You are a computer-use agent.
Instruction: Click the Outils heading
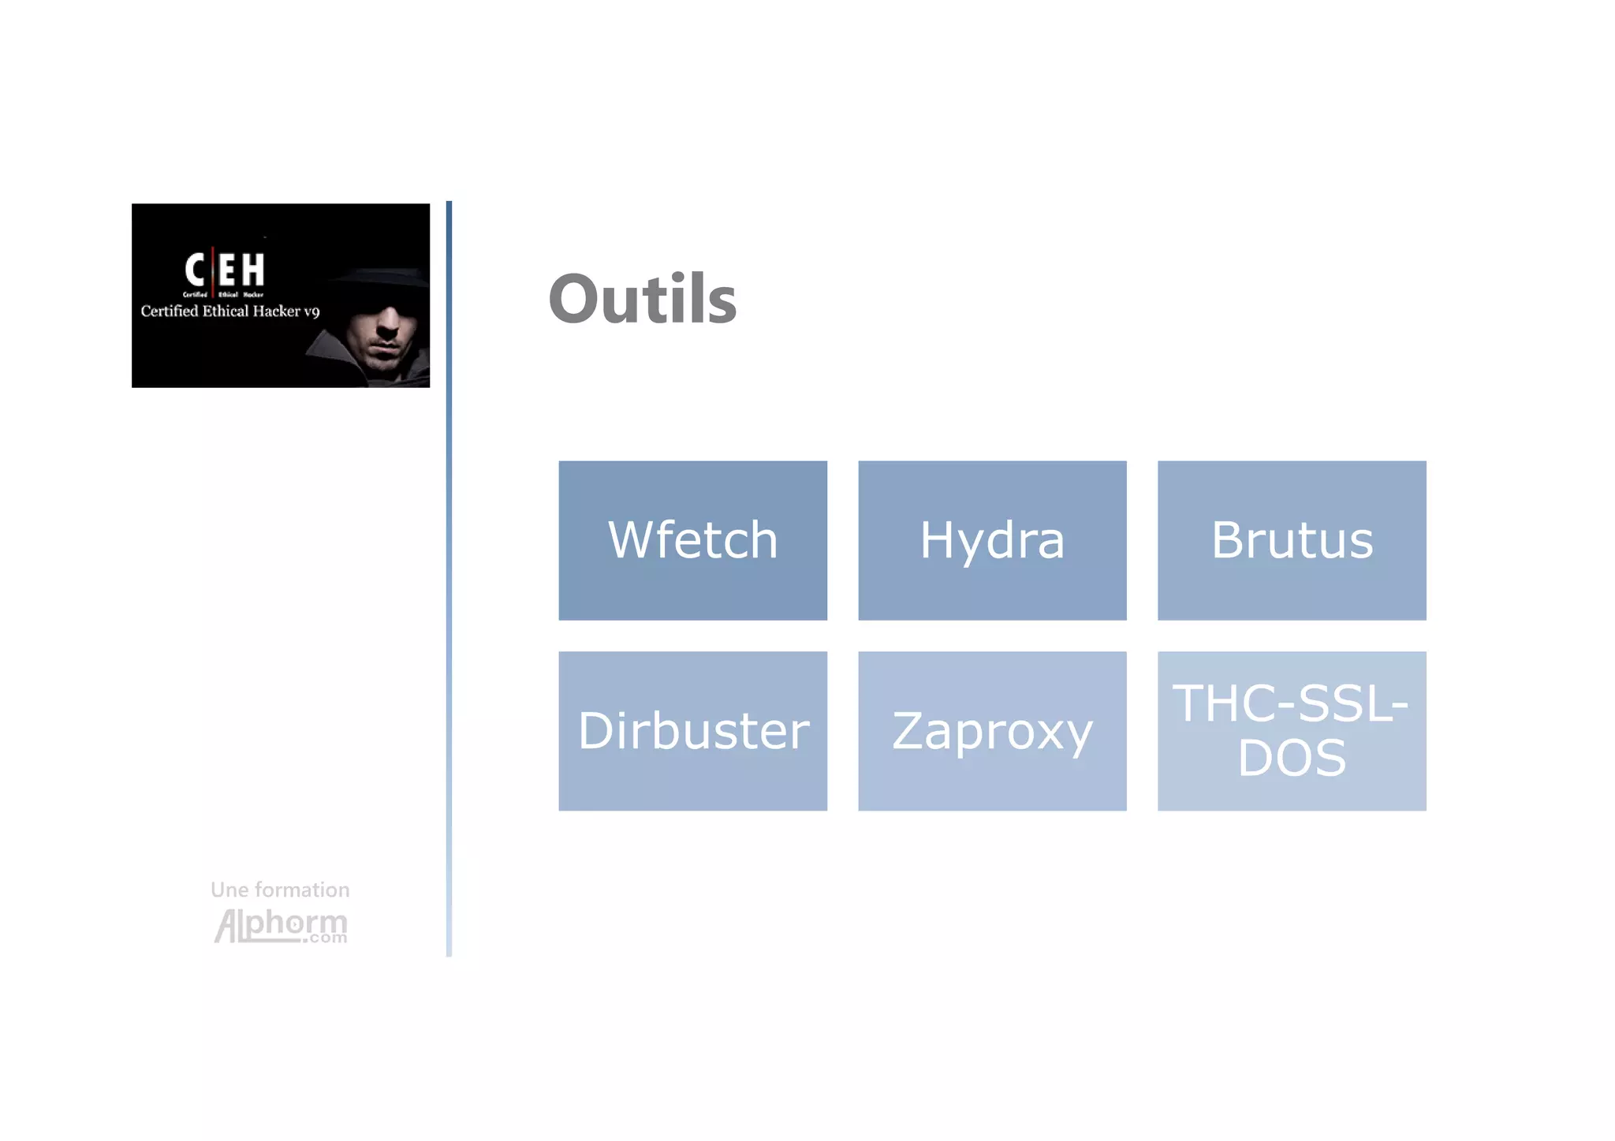click(642, 299)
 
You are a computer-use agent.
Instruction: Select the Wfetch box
click(692, 540)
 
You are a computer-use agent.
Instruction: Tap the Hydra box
click(992, 540)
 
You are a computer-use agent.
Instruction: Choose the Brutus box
click(1292, 540)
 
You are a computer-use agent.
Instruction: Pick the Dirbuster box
click(692, 730)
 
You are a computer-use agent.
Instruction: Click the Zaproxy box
click(992, 730)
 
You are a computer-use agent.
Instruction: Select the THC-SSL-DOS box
click(1292, 730)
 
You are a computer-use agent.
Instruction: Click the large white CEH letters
click(225, 270)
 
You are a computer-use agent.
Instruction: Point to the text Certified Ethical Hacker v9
click(229, 311)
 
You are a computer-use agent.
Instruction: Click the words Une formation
click(280, 889)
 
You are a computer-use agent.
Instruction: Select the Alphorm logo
click(280, 924)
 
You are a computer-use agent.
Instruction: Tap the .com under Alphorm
click(324, 938)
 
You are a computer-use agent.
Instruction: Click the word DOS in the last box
click(1292, 758)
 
